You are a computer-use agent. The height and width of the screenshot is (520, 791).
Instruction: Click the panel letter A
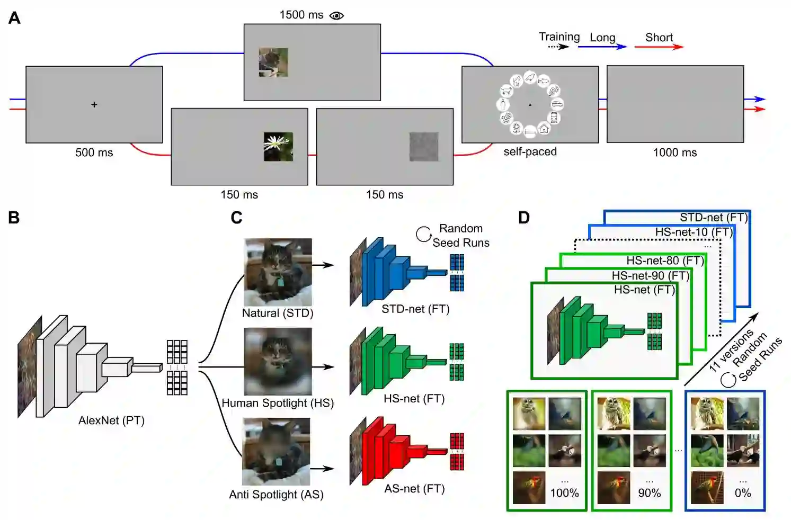[x=14, y=19]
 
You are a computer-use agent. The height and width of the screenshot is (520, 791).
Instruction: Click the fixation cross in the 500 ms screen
[x=94, y=105]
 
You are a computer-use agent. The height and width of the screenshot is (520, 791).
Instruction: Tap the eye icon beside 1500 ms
[x=336, y=15]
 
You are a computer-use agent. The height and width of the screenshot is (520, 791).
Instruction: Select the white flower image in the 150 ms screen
[x=278, y=147]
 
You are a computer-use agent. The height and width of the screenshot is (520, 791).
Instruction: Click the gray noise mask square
[x=424, y=147]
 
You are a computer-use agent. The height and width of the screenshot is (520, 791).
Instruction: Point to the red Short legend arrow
[x=659, y=47]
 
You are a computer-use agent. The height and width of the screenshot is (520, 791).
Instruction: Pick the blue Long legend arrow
[x=602, y=47]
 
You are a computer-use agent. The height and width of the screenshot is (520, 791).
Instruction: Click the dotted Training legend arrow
[x=558, y=47]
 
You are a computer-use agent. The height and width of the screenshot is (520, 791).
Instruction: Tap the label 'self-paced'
[x=530, y=152]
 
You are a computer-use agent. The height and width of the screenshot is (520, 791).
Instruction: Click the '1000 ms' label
[x=674, y=153]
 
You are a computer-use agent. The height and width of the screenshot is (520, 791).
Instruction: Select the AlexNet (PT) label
[x=111, y=420]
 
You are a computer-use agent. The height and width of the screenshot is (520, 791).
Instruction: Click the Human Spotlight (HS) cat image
[x=278, y=361]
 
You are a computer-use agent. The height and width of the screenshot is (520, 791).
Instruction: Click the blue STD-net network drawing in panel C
[x=397, y=271]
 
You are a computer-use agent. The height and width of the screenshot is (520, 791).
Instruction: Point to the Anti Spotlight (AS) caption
[x=276, y=495]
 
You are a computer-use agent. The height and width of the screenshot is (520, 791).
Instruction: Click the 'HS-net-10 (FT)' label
[x=694, y=232]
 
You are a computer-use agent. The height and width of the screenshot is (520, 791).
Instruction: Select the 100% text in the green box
[x=564, y=493]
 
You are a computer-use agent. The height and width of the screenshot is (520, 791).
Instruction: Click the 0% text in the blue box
[x=742, y=493]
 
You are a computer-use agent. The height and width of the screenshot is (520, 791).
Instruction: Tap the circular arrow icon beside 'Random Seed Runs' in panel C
[x=423, y=234]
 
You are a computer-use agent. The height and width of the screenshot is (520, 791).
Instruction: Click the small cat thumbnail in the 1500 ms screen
[x=273, y=62]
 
